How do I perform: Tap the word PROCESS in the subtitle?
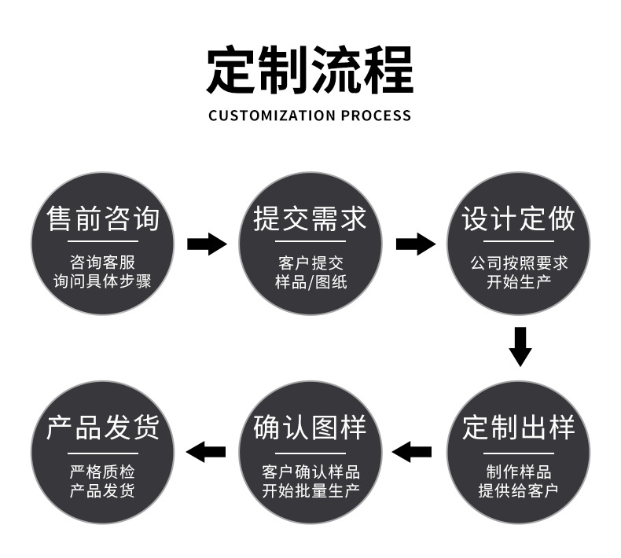(x=376, y=116)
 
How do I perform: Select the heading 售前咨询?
(x=103, y=219)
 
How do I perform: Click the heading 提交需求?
(x=310, y=219)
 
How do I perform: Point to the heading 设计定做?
(x=518, y=219)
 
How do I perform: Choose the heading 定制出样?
(x=518, y=429)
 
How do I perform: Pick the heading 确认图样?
(x=310, y=429)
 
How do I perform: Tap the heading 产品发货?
(x=103, y=429)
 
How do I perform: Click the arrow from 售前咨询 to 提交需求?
(x=207, y=244)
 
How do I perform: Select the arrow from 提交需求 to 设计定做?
(x=415, y=244)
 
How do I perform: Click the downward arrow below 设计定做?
(x=519, y=346)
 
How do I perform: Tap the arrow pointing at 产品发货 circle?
(x=205, y=452)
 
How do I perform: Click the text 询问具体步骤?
(x=102, y=281)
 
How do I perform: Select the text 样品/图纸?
(x=310, y=281)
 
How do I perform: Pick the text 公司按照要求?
(x=519, y=262)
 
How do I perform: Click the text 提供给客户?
(x=519, y=491)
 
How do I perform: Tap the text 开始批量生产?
(x=310, y=491)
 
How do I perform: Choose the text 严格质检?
(x=102, y=472)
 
